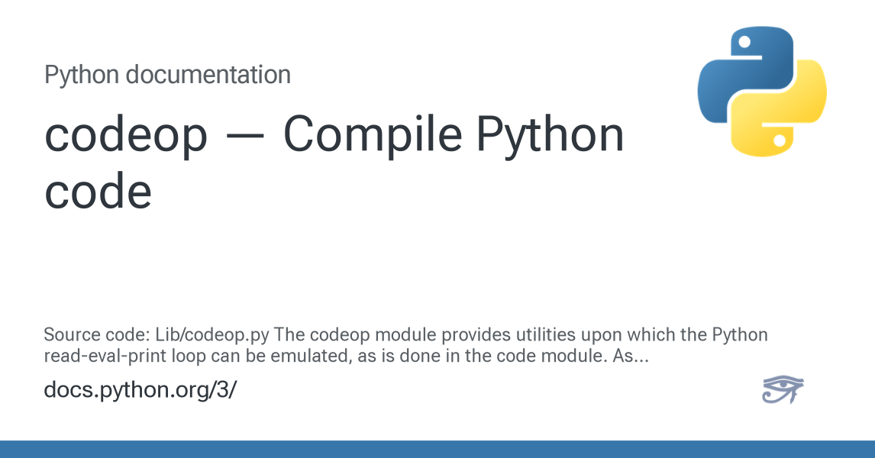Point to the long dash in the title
tap(246, 136)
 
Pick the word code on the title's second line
tap(98, 191)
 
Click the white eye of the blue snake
tap(744, 42)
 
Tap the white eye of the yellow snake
tap(780, 140)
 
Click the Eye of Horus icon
tap(783, 389)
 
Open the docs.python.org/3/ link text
tap(140, 390)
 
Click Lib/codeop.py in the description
tap(212, 334)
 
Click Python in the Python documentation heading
tap(82, 75)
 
